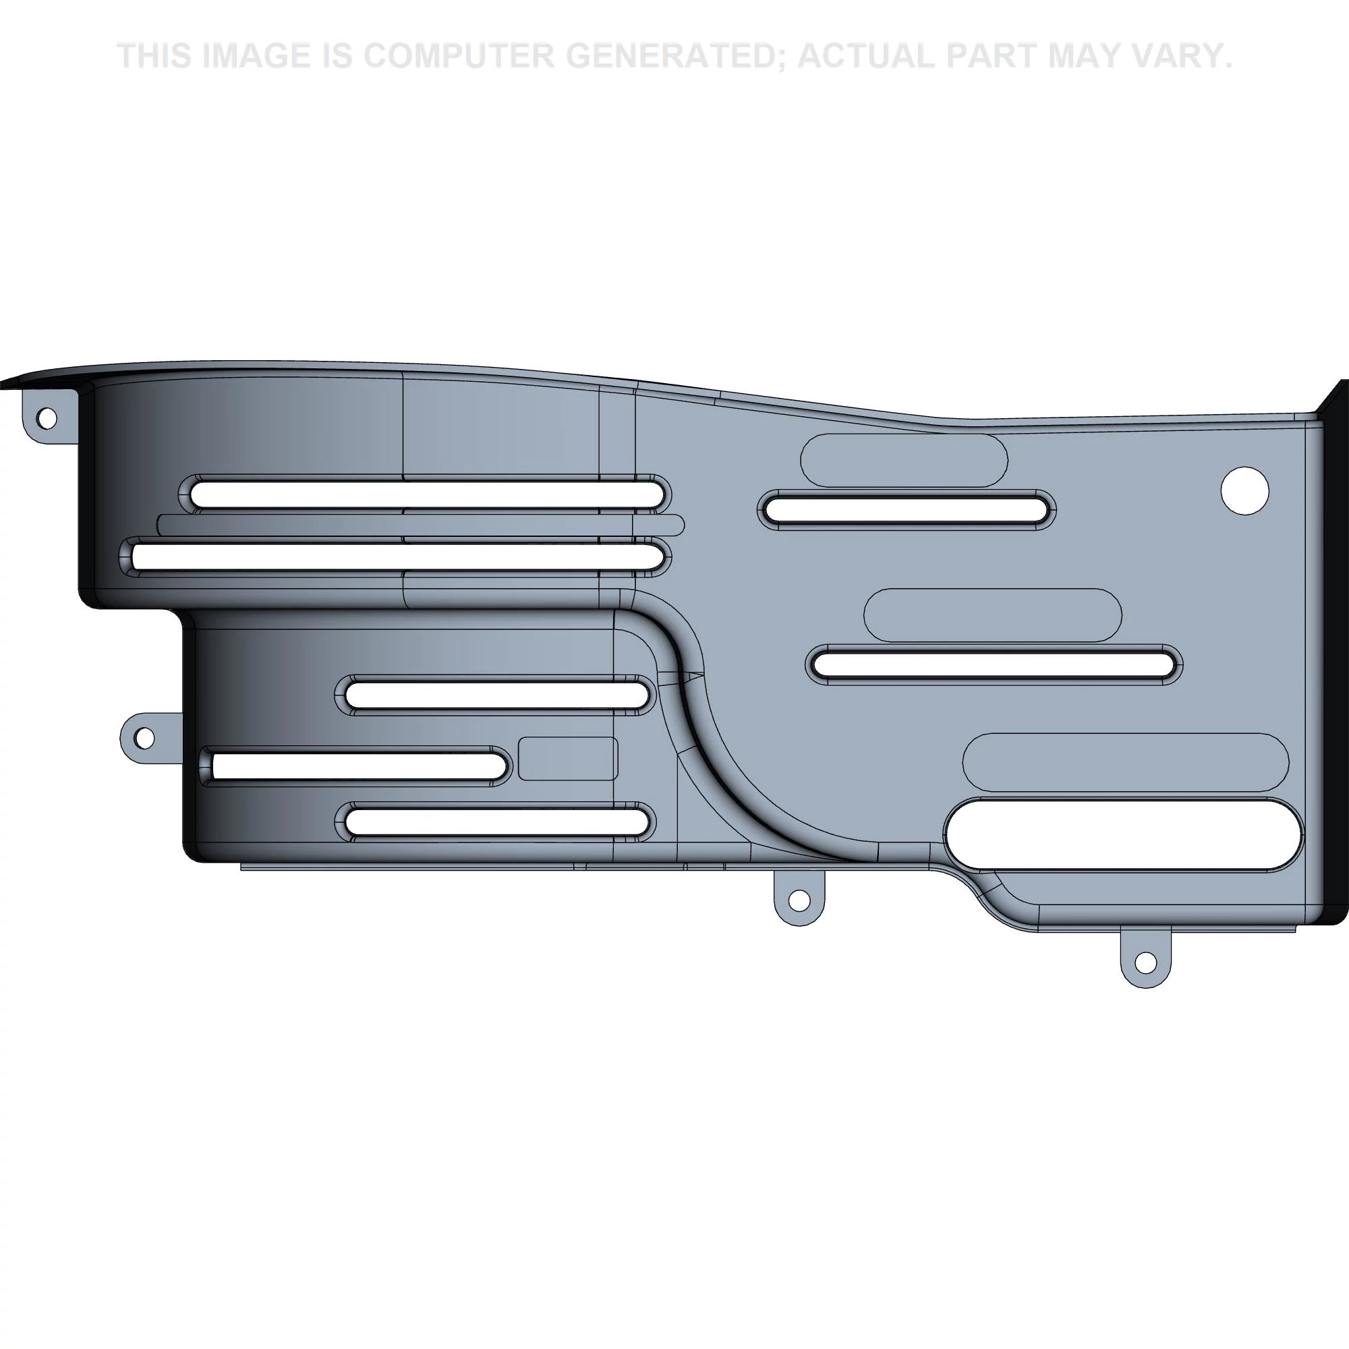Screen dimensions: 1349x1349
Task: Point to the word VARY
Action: pos(1176,56)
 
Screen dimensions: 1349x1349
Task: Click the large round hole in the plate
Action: pos(1244,491)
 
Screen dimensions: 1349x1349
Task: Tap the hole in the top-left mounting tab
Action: pos(47,418)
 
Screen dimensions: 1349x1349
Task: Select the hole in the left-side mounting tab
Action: pos(144,737)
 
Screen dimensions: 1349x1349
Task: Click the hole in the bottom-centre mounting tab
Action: pos(801,901)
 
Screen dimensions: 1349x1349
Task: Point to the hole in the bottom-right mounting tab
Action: pos(1145,963)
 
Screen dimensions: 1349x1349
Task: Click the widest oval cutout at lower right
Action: pos(1124,835)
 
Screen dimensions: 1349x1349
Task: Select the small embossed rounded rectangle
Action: pos(569,758)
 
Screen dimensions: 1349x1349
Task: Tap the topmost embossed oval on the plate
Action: pos(905,460)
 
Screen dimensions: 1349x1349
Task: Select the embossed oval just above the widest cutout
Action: pos(1126,762)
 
